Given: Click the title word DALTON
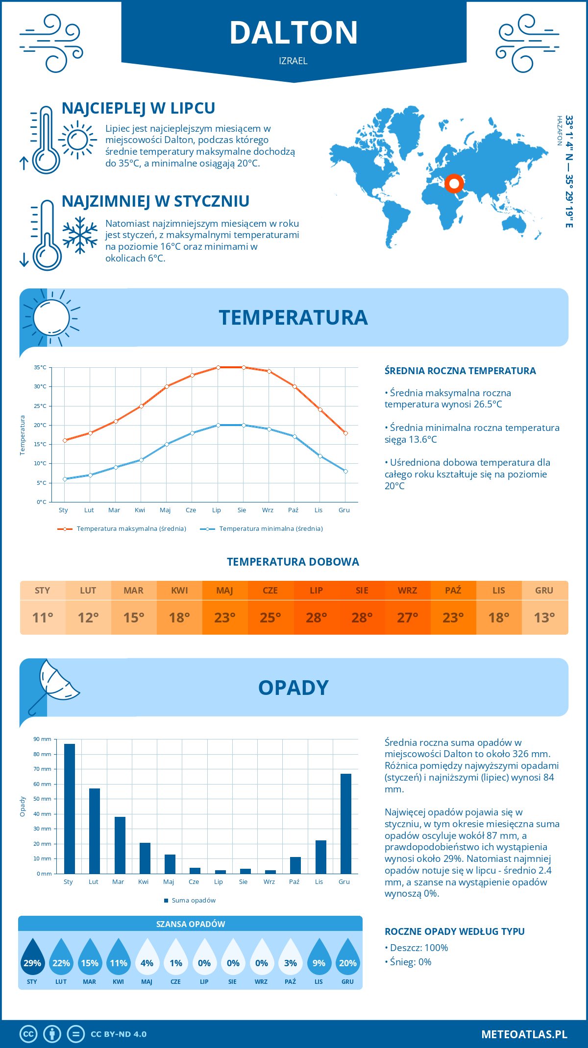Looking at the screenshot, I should [x=294, y=33].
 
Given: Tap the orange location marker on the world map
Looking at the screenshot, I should [x=454, y=184].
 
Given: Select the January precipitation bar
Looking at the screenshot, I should [x=70, y=809].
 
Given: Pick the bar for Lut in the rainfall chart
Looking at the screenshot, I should [x=95, y=831].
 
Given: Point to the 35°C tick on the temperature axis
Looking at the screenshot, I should [x=40, y=367].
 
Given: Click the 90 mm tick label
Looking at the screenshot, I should [x=43, y=739].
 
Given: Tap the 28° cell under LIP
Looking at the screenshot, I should [x=316, y=618].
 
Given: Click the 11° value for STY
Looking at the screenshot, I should [x=43, y=618].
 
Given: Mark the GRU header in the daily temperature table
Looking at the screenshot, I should [x=544, y=591].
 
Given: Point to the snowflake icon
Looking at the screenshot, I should [x=80, y=235].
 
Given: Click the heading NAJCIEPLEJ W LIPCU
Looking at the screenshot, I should [x=139, y=108].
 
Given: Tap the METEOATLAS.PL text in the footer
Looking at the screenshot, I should [x=524, y=1034].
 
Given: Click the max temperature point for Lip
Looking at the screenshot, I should [x=218, y=367].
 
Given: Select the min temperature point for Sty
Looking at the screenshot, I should [x=65, y=479].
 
